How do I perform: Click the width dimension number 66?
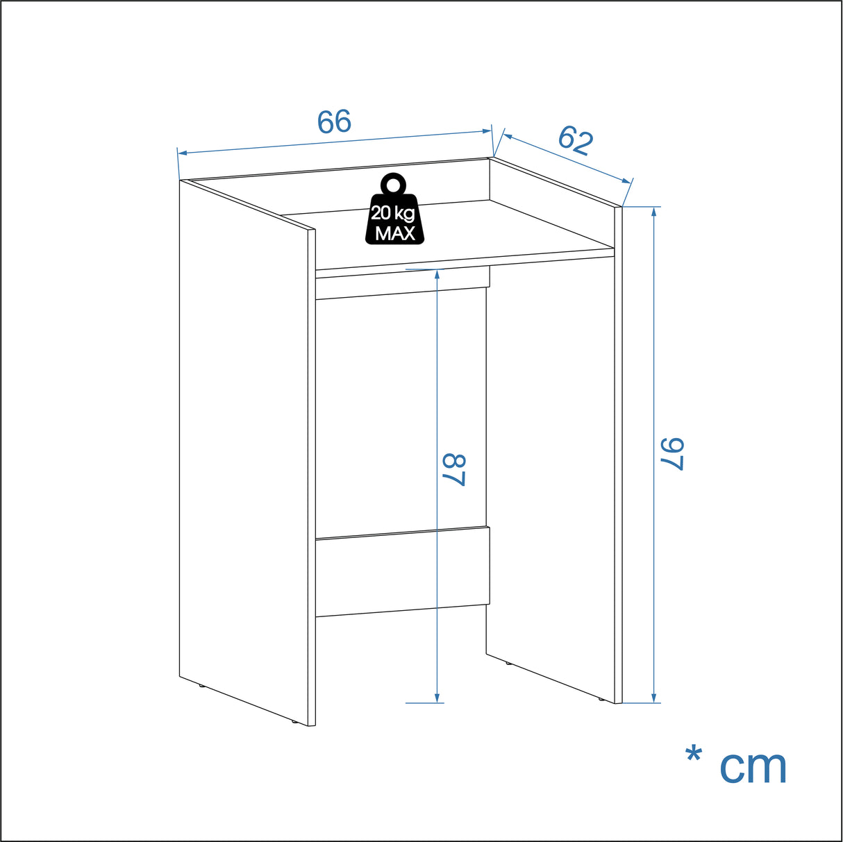coord(334,122)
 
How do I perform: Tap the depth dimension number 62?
coord(576,140)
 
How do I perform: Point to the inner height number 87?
coord(453,470)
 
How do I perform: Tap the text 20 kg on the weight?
coord(393,213)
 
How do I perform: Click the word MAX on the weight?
coord(394,233)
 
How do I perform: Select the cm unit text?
coord(753,766)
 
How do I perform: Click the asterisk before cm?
coord(693,755)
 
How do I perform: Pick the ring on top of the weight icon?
coord(394,184)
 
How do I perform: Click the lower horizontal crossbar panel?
coord(402,573)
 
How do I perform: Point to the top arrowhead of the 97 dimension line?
coord(653,211)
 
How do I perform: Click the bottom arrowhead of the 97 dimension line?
coord(653,698)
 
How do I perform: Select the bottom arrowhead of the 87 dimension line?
coord(437,698)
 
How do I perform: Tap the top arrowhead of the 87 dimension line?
coord(437,273)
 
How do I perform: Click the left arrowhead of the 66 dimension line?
coord(182,153)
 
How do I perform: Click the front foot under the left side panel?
coord(294,723)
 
